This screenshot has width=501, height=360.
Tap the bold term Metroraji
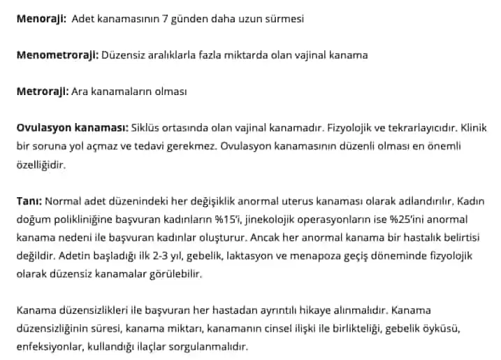tap(42, 91)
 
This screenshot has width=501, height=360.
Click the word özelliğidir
tap(42, 165)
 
